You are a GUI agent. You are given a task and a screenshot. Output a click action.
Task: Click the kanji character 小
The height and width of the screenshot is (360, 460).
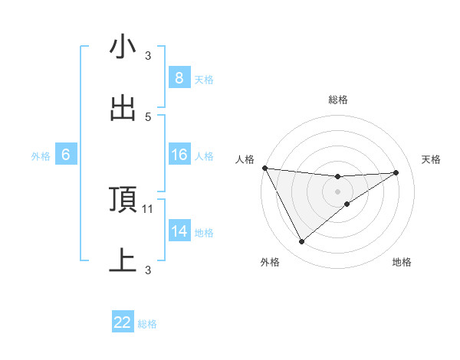[123, 47]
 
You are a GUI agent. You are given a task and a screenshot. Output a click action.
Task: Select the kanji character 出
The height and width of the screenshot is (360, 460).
[123, 109]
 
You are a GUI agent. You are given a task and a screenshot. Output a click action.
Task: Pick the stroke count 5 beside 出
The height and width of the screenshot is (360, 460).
[149, 116]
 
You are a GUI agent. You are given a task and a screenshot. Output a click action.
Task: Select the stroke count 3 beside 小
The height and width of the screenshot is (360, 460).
[149, 55]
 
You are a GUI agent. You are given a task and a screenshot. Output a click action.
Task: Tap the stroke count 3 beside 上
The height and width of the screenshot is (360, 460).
[149, 270]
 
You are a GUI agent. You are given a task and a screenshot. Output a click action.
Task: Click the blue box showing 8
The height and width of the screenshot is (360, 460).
[179, 78]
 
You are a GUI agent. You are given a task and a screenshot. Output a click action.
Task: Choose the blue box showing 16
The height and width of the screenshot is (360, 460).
[179, 155]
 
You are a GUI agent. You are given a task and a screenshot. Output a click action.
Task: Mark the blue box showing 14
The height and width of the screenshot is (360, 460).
[179, 231]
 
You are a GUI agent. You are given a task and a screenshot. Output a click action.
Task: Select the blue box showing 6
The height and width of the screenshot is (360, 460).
[66, 155]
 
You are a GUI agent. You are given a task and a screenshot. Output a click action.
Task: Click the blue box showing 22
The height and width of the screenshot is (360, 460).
[123, 322]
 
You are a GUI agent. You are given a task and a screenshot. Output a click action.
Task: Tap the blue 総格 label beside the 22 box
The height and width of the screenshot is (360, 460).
[147, 324]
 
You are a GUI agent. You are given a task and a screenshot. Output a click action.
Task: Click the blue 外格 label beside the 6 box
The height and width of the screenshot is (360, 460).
[41, 156]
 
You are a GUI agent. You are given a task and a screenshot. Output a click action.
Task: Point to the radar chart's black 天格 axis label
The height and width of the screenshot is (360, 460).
[432, 159]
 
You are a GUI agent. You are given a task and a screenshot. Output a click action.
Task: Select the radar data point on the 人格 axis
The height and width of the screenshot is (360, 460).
[264, 168]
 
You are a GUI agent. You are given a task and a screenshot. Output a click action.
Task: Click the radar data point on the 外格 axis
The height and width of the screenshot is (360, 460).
[301, 242]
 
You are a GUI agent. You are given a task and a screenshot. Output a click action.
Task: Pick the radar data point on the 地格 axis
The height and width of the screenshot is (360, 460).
[347, 204]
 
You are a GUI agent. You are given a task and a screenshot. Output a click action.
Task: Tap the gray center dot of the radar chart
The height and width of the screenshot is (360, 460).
[338, 191]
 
